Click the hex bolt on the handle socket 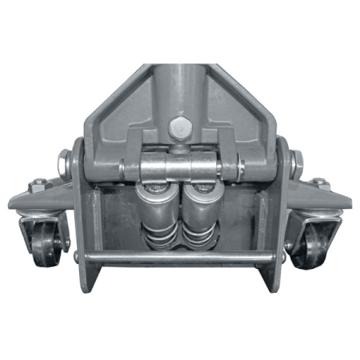pyautogui.click(x=179, y=126)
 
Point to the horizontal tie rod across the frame pyautogui.click(x=180, y=258)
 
